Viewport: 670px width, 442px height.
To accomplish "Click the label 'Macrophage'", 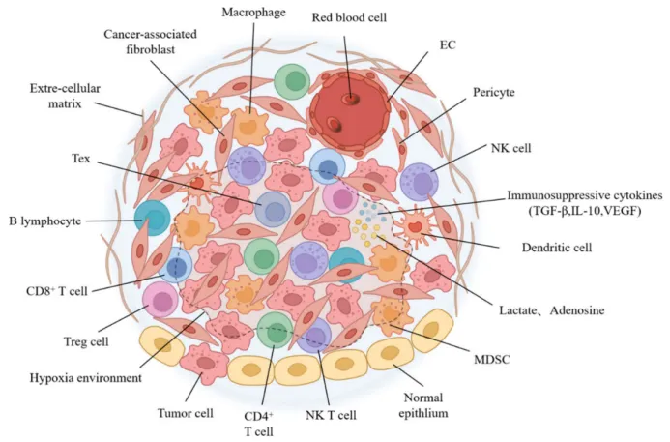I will (x=254, y=13).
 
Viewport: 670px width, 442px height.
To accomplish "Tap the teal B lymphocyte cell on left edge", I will (x=153, y=220).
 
